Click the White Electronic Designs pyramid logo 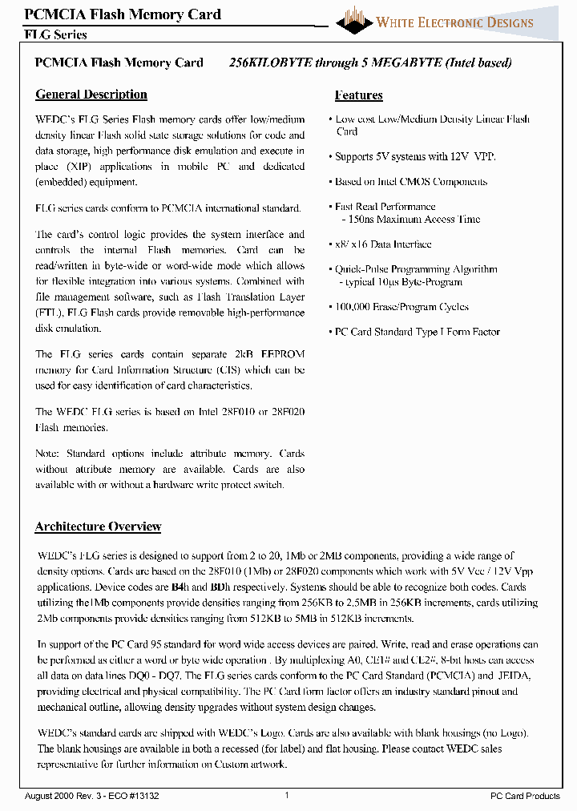(353, 19)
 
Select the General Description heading (91, 95)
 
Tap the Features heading (358, 95)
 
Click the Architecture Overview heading (98, 527)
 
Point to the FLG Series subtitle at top (55, 34)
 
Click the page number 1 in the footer (287, 795)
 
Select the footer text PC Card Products (525, 795)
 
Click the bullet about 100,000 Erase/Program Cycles (401, 307)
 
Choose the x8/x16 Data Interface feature (383, 244)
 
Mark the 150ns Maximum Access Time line (411, 219)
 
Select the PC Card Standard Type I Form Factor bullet (417, 332)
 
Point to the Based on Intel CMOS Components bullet (410, 182)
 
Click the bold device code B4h (179, 587)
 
